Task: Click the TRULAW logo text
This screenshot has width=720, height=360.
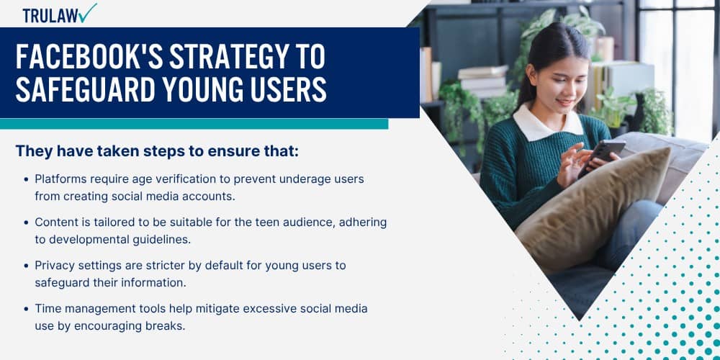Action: pyautogui.click(x=50, y=16)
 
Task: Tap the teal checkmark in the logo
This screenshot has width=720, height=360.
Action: pyautogui.click(x=88, y=13)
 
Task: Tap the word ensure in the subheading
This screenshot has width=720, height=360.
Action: pyautogui.click(x=236, y=151)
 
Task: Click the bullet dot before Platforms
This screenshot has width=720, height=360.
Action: pyautogui.click(x=26, y=179)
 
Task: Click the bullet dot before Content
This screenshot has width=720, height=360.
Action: pyautogui.click(x=26, y=222)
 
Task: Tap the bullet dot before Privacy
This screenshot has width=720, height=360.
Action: pyautogui.click(x=26, y=266)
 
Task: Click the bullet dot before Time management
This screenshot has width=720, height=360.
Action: pyautogui.click(x=26, y=309)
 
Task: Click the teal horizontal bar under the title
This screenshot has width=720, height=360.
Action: pyautogui.click(x=194, y=124)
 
